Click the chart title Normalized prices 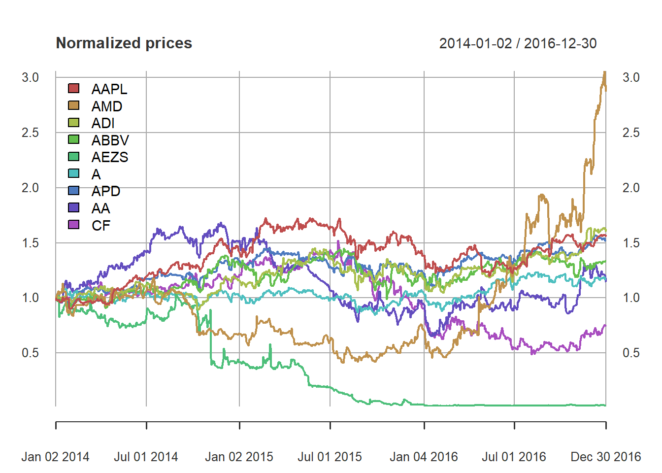coord(124,43)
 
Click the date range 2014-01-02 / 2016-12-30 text coord(518,43)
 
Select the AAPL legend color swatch coord(73,89)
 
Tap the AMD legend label coord(106,106)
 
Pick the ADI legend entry coord(102,123)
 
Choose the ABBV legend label coord(110,140)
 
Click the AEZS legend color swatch coord(73,157)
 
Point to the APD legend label coord(105,191)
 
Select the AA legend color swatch coord(73,208)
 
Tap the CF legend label coord(101,226)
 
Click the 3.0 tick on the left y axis coord(30,77)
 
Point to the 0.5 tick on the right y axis coord(631,353)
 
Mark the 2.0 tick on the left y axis coord(30,188)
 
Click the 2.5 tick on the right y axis coord(631,133)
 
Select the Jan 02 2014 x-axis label coord(55,457)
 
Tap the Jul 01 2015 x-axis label coord(330,457)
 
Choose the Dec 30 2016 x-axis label coord(606,457)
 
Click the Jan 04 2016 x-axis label coord(424,457)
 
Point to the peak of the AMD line coord(604,72)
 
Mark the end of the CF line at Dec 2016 coord(605,325)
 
